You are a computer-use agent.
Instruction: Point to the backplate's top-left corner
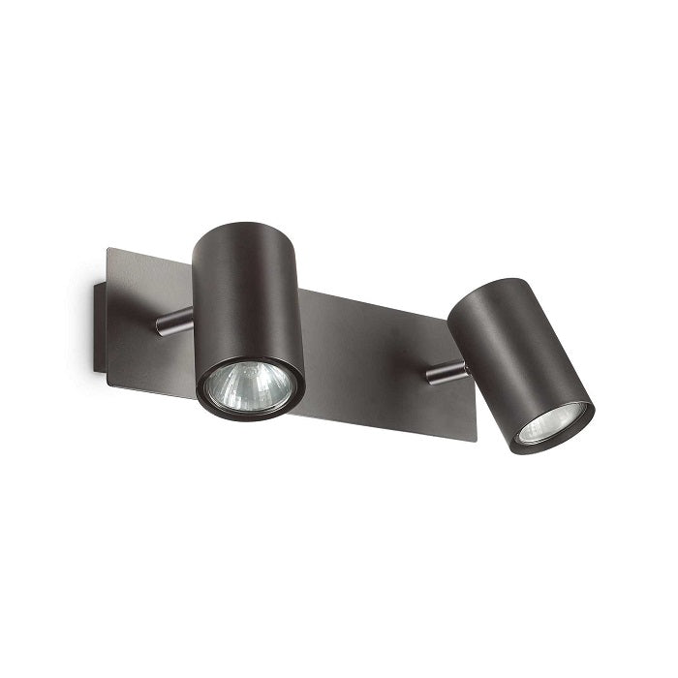[x=108, y=249]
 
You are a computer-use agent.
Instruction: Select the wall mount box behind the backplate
[x=96, y=324]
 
